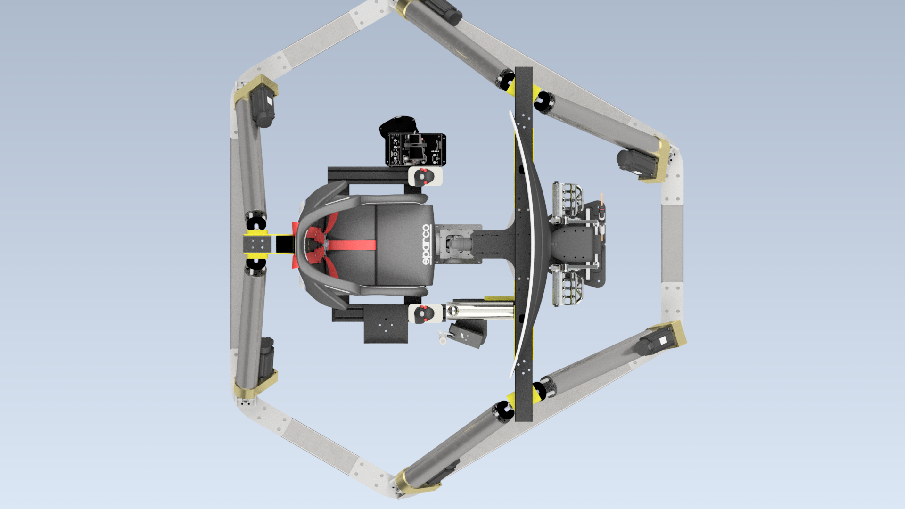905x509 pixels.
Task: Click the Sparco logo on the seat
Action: [427, 245]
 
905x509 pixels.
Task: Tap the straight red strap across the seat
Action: [351, 246]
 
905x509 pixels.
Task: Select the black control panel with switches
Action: [417, 149]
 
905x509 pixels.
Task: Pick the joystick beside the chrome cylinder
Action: [426, 313]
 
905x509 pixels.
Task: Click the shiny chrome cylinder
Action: [480, 310]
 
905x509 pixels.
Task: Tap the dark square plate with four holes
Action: [386, 324]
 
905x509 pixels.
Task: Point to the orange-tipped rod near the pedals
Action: [601, 204]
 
